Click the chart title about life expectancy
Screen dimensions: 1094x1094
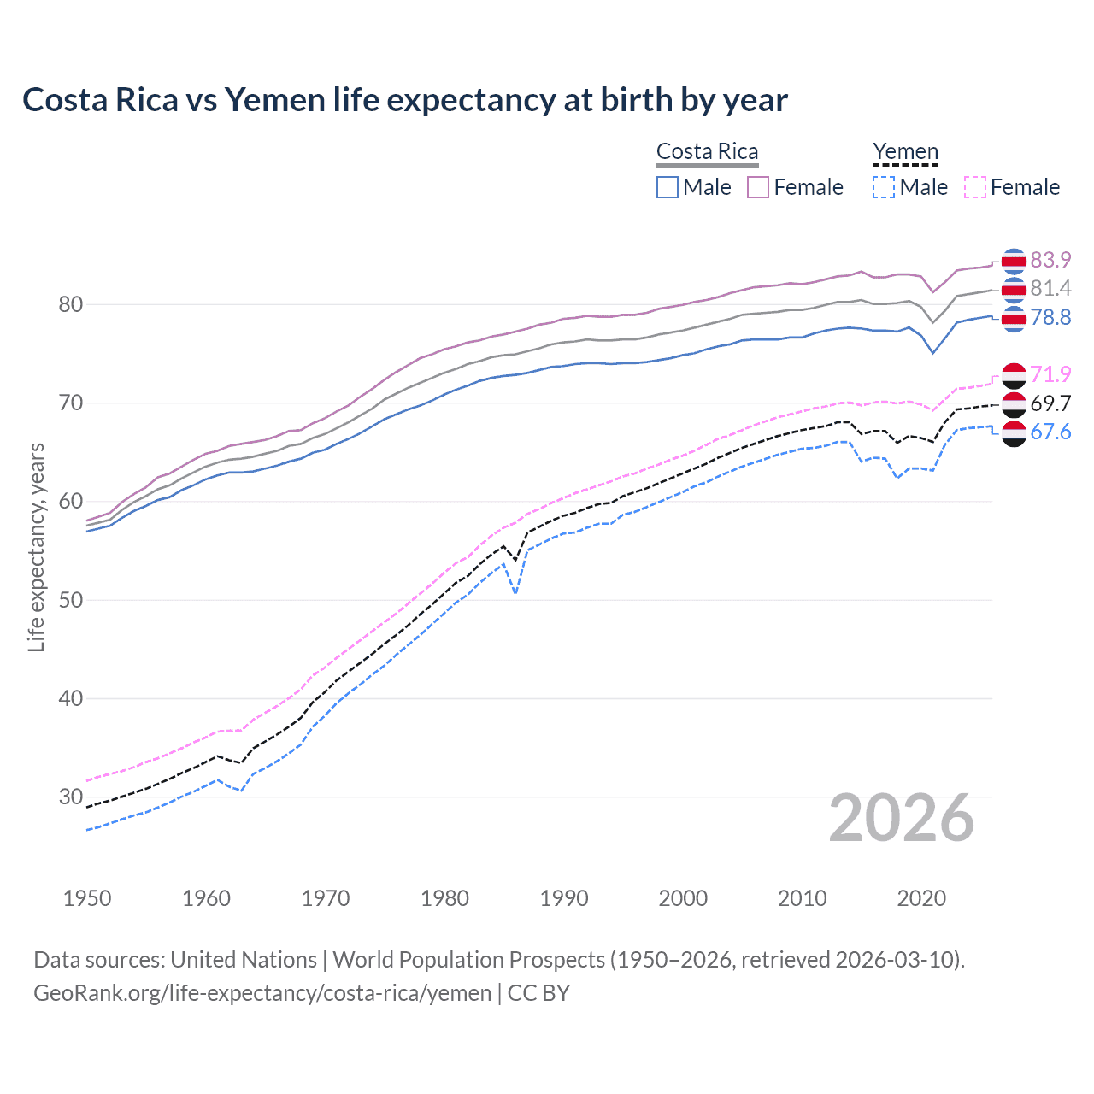(405, 100)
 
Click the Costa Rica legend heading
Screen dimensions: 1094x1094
(707, 151)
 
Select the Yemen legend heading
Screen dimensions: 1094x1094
(905, 151)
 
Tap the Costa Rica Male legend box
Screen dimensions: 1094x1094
(668, 187)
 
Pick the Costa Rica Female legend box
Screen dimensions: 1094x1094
(759, 187)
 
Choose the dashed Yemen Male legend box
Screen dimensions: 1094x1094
(884, 187)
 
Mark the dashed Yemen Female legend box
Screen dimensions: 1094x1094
(975, 187)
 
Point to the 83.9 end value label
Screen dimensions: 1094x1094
(1050, 260)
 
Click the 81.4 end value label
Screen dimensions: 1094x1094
(1050, 289)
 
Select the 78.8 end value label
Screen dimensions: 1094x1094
(1050, 318)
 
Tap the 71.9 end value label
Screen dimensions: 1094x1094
(1050, 374)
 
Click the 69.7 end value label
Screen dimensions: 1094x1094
(1050, 403)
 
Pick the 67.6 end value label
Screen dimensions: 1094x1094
(1050, 432)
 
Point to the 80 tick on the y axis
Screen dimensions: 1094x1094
(71, 304)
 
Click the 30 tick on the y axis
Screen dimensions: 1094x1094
(71, 797)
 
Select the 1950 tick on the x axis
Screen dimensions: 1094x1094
(87, 898)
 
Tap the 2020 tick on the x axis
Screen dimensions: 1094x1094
(921, 898)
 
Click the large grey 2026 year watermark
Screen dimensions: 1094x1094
(902, 819)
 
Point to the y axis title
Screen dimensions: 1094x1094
(36, 547)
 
